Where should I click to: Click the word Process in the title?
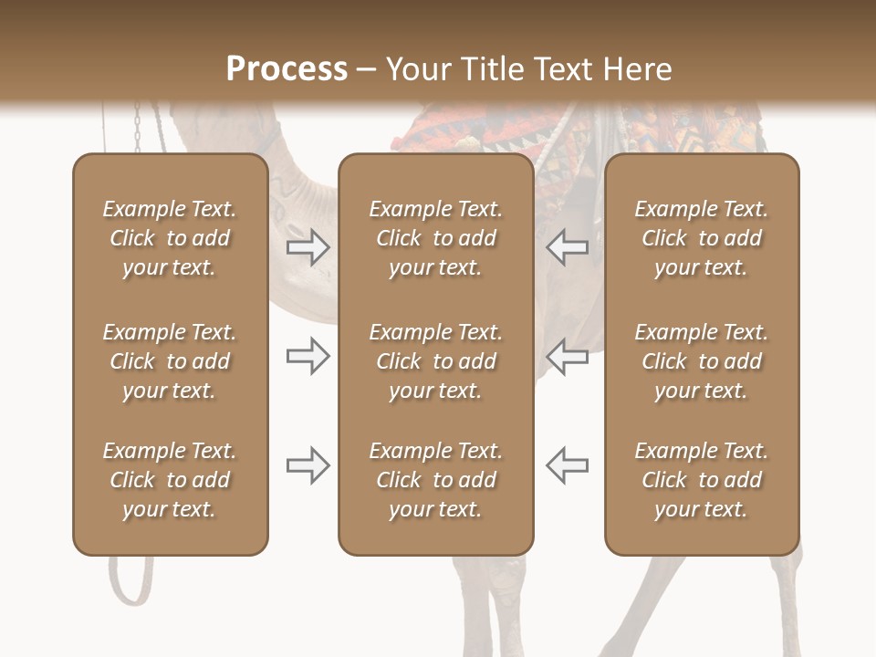(287, 68)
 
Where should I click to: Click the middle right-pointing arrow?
(308, 356)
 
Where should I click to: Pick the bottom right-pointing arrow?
(308, 465)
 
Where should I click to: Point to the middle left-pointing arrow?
(568, 356)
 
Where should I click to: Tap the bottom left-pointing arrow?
(568, 465)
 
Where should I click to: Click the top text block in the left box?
(170, 238)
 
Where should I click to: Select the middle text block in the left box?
(170, 361)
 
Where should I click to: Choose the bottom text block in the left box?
(170, 480)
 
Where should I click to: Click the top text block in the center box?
(436, 238)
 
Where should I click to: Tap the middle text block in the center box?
(436, 361)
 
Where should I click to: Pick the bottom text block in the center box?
(436, 480)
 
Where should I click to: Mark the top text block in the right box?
(702, 238)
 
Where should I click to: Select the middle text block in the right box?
(702, 361)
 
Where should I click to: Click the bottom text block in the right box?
(702, 480)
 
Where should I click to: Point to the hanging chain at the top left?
(138, 128)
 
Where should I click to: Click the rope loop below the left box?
(129, 579)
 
